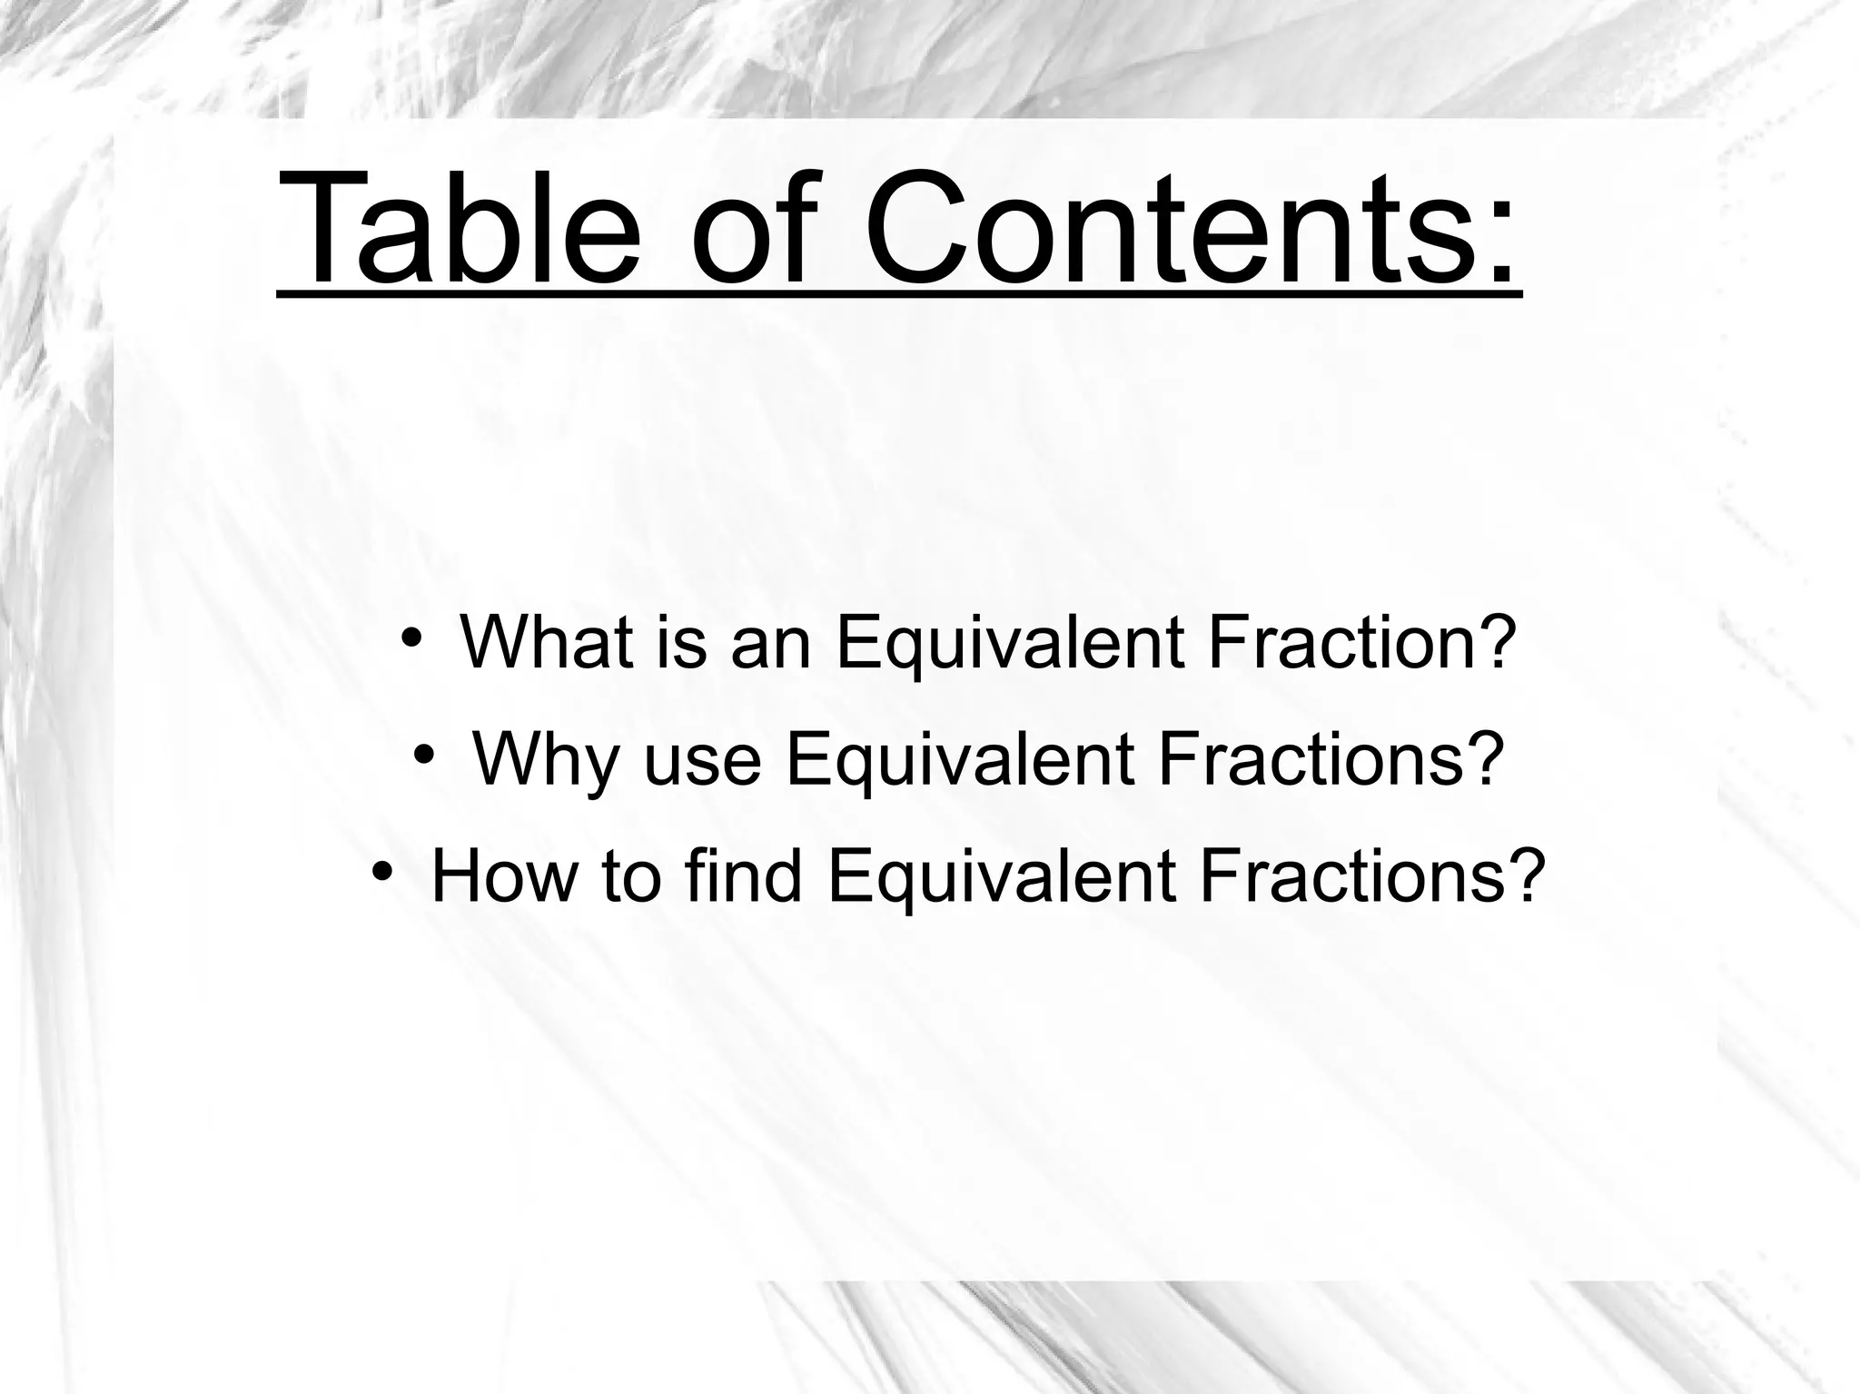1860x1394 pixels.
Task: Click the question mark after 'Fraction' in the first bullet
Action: [x=1498, y=641]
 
